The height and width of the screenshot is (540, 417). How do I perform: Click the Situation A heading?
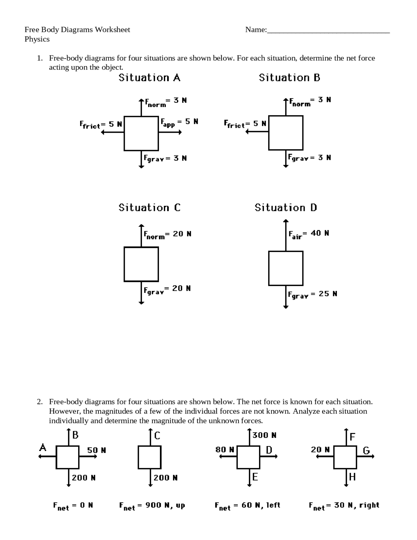click(x=149, y=78)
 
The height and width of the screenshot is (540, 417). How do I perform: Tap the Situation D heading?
click(x=286, y=208)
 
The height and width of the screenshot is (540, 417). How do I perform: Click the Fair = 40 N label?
click(x=309, y=234)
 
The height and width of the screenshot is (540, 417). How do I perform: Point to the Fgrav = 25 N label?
click(x=312, y=294)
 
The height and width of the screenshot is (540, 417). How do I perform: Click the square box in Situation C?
click(x=141, y=264)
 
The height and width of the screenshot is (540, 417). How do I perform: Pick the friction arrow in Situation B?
click(x=257, y=131)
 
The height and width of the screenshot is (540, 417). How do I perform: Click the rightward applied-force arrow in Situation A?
click(x=170, y=132)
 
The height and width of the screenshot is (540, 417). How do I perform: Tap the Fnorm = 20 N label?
click(x=167, y=234)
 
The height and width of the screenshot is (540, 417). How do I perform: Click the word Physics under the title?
click(x=37, y=39)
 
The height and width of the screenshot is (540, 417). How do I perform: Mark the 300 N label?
click(x=264, y=435)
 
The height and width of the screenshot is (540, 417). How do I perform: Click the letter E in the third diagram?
click(x=255, y=477)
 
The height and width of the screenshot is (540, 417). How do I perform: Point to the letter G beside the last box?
click(x=366, y=451)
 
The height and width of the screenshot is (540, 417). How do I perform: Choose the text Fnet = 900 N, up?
click(x=152, y=506)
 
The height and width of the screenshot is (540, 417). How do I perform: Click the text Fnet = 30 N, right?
click(x=344, y=506)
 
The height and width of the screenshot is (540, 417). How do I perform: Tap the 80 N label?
click(x=224, y=450)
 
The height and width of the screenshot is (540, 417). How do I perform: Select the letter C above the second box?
click(x=157, y=436)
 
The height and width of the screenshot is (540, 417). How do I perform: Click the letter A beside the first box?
click(x=43, y=448)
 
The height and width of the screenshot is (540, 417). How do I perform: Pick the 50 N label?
click(x=96, y=450)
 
